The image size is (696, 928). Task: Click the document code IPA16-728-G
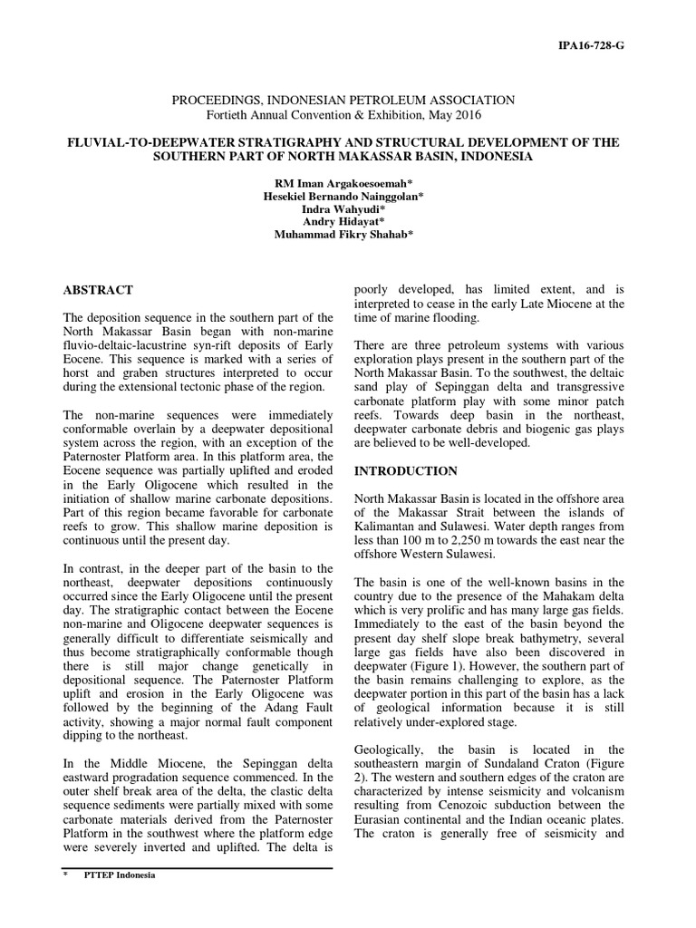pos(589,44)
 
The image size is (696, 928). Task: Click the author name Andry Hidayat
pos(348,221)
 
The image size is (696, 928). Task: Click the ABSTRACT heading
pos(97,290)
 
